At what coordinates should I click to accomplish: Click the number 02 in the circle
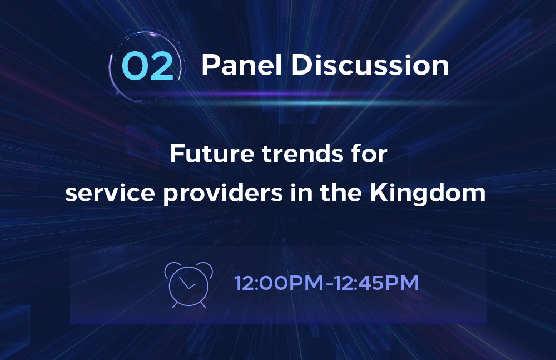coord(147,66)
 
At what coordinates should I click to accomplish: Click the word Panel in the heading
coord(242,65)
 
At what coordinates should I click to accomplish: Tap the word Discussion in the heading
coord(370,65)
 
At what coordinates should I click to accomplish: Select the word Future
coord(212,154)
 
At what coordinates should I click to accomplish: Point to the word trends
coord(302,154)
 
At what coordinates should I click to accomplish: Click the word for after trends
coord(369,154)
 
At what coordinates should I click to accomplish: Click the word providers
coord(223,194)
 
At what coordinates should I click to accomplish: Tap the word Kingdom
coord(428,194)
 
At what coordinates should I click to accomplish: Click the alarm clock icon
coord(188,285)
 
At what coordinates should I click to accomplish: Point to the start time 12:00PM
coord(279,283)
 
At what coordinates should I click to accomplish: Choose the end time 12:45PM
coord(376,283)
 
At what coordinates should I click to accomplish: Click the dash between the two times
coord(329,284)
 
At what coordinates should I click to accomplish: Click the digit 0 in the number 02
coord(135,66)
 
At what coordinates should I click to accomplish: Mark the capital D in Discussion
coord(301,65)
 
